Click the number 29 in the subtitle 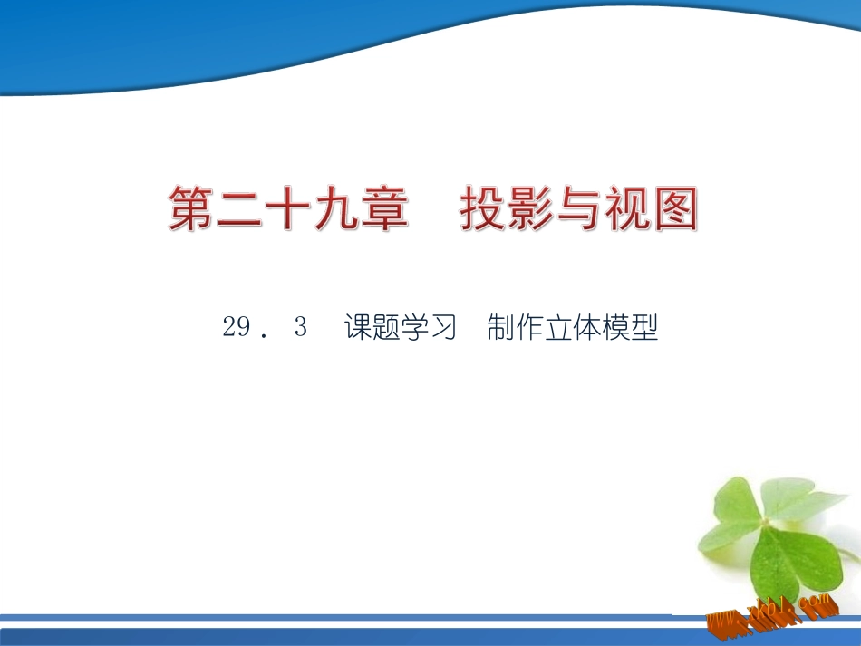point(236,328)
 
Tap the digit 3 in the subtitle point(301,328)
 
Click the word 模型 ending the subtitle point(629,328)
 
